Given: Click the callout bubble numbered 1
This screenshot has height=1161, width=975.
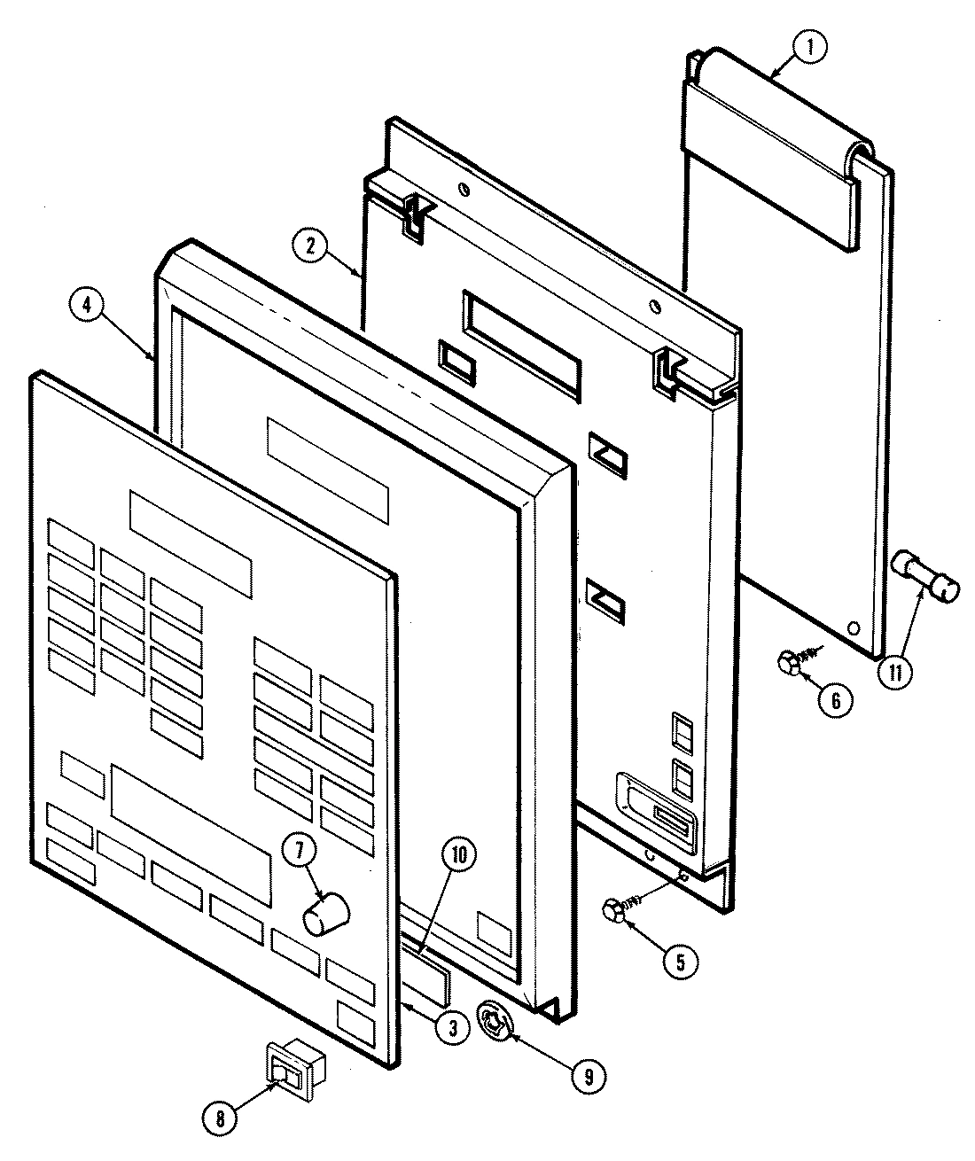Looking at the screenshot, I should coord(808,49).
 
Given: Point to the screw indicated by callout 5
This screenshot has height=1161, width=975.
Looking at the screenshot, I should coord(617,909).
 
